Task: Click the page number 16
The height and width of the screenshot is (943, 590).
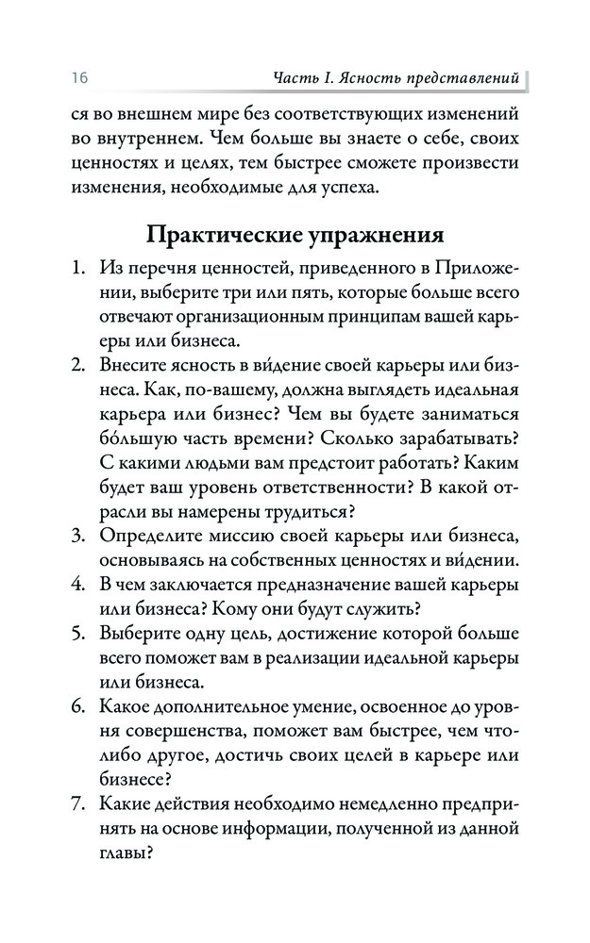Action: click(x=78, y=75)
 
